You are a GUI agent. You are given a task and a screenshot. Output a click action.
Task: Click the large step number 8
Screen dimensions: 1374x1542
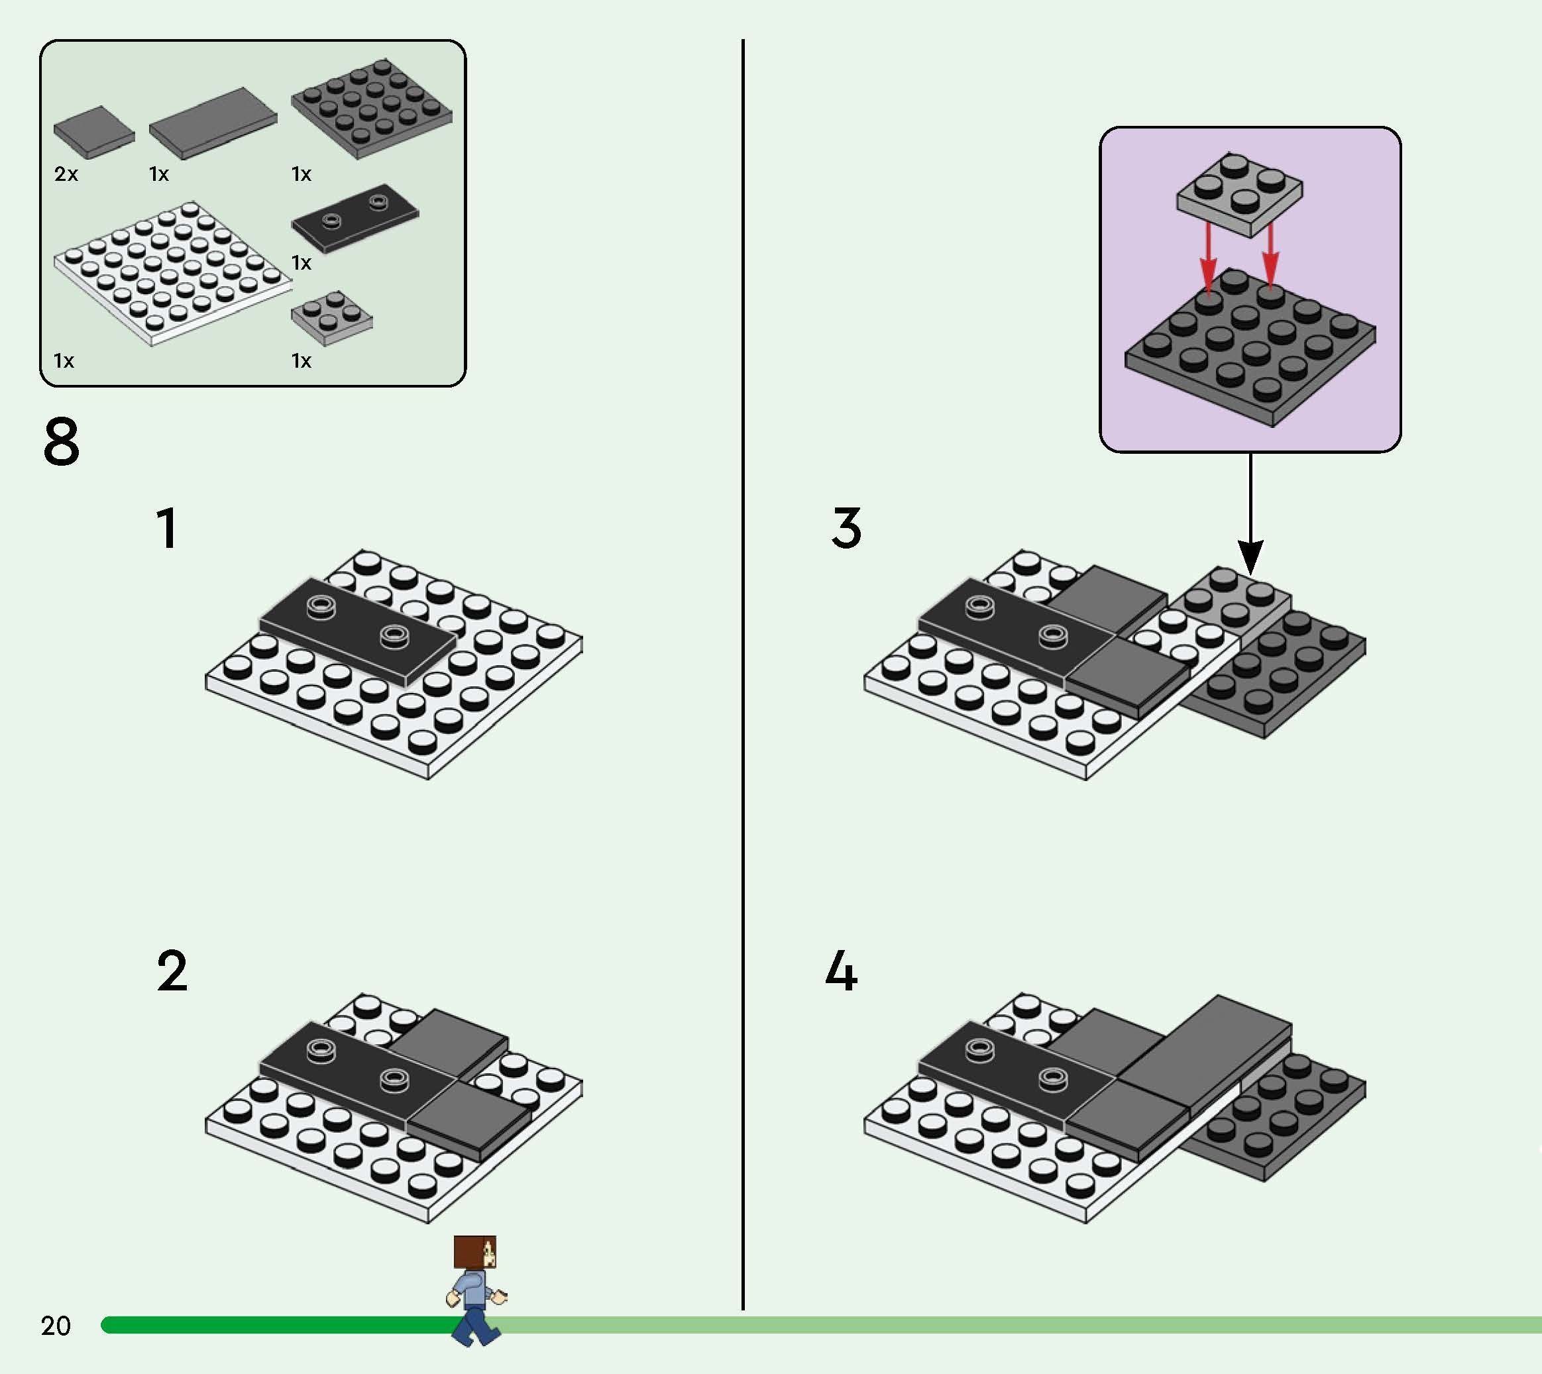pyautogui.click(x=61, y=443)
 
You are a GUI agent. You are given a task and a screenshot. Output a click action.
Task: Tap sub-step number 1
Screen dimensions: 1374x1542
pyautogui.click(x=168, y=528)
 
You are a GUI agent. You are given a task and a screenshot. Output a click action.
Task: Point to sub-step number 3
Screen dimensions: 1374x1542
pyautogui.click(x=846, y=528)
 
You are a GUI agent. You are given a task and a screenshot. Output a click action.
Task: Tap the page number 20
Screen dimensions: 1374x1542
pyautogui.click(x=56, y=1326)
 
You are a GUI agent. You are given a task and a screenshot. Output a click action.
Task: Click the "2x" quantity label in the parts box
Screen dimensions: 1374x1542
pyautogui.click(x=66, y=174)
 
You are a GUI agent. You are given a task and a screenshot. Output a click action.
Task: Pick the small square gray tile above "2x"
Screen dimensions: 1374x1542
pyautogui.click(x=93, y=131)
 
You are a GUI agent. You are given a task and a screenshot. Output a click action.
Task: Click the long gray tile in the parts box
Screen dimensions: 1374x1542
pyautogui.click(x=213, y=123)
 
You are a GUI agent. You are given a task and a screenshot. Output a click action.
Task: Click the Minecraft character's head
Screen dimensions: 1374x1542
pyautogui.click(x=475, y=1253)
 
